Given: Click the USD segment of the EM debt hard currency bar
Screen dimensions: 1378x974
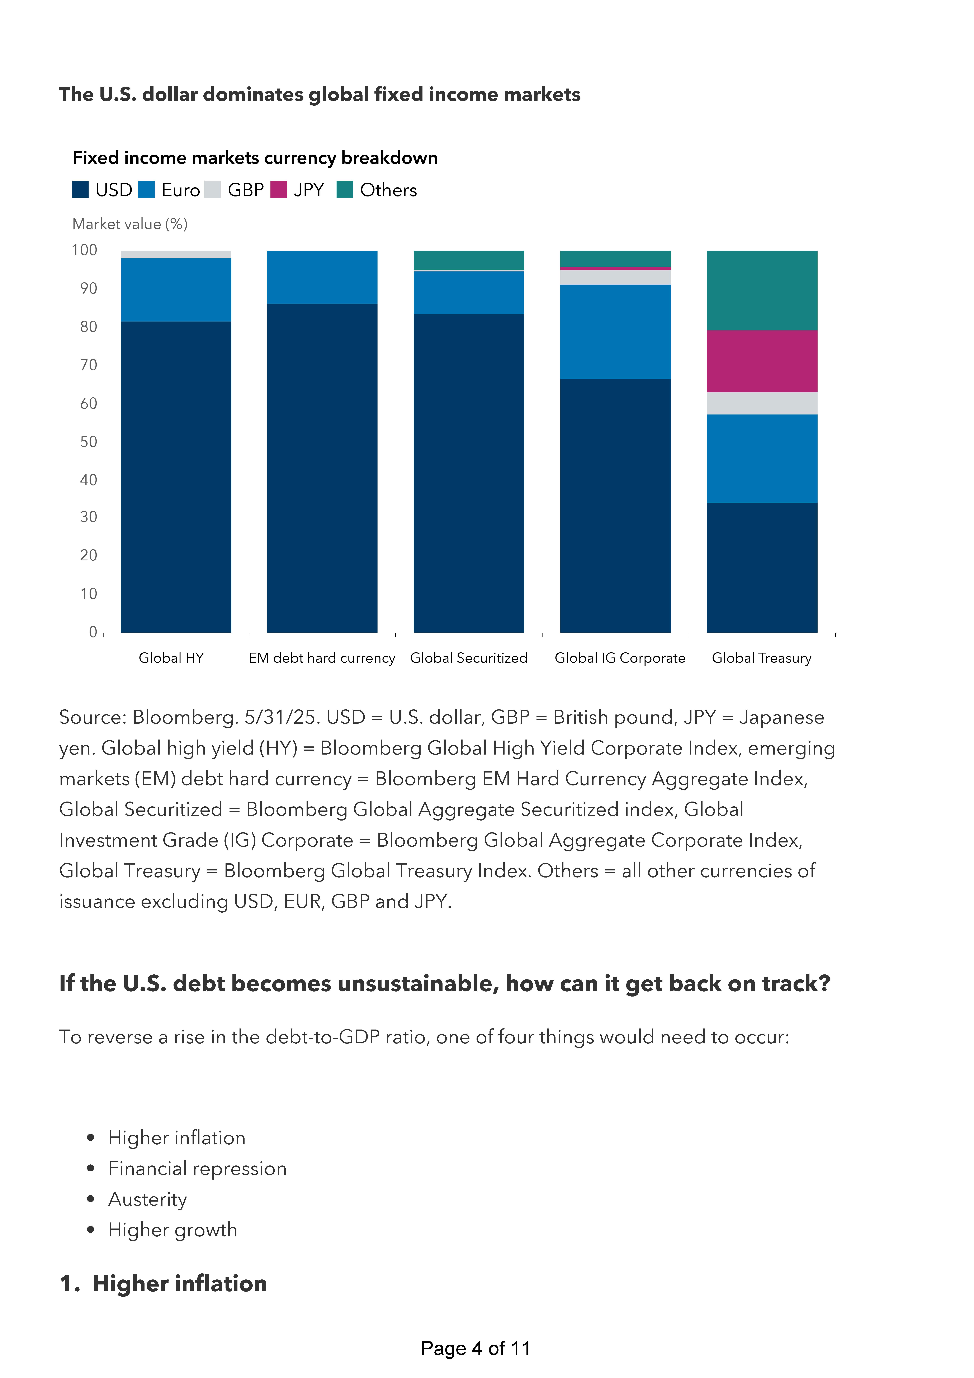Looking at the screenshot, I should click(x=322, y=468).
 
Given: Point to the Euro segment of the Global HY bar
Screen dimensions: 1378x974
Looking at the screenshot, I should click(x=176, y=290).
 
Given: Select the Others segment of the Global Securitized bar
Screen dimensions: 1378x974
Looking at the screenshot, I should click(x=469, y=260).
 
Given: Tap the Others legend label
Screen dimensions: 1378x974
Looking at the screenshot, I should click(x=388, y=190).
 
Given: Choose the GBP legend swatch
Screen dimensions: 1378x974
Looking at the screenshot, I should click(x=212, y=190).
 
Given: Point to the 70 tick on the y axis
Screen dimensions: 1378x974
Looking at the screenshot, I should click(x=89, y=365).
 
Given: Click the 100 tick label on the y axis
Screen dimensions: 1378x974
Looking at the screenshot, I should click(x=85, y=250).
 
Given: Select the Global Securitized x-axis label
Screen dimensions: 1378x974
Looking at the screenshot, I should click(x=469, y=658).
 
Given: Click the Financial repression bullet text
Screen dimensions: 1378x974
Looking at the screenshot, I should click(x=197, y=1169).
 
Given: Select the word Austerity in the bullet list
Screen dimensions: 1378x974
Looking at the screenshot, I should click(x=148, y=1199).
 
